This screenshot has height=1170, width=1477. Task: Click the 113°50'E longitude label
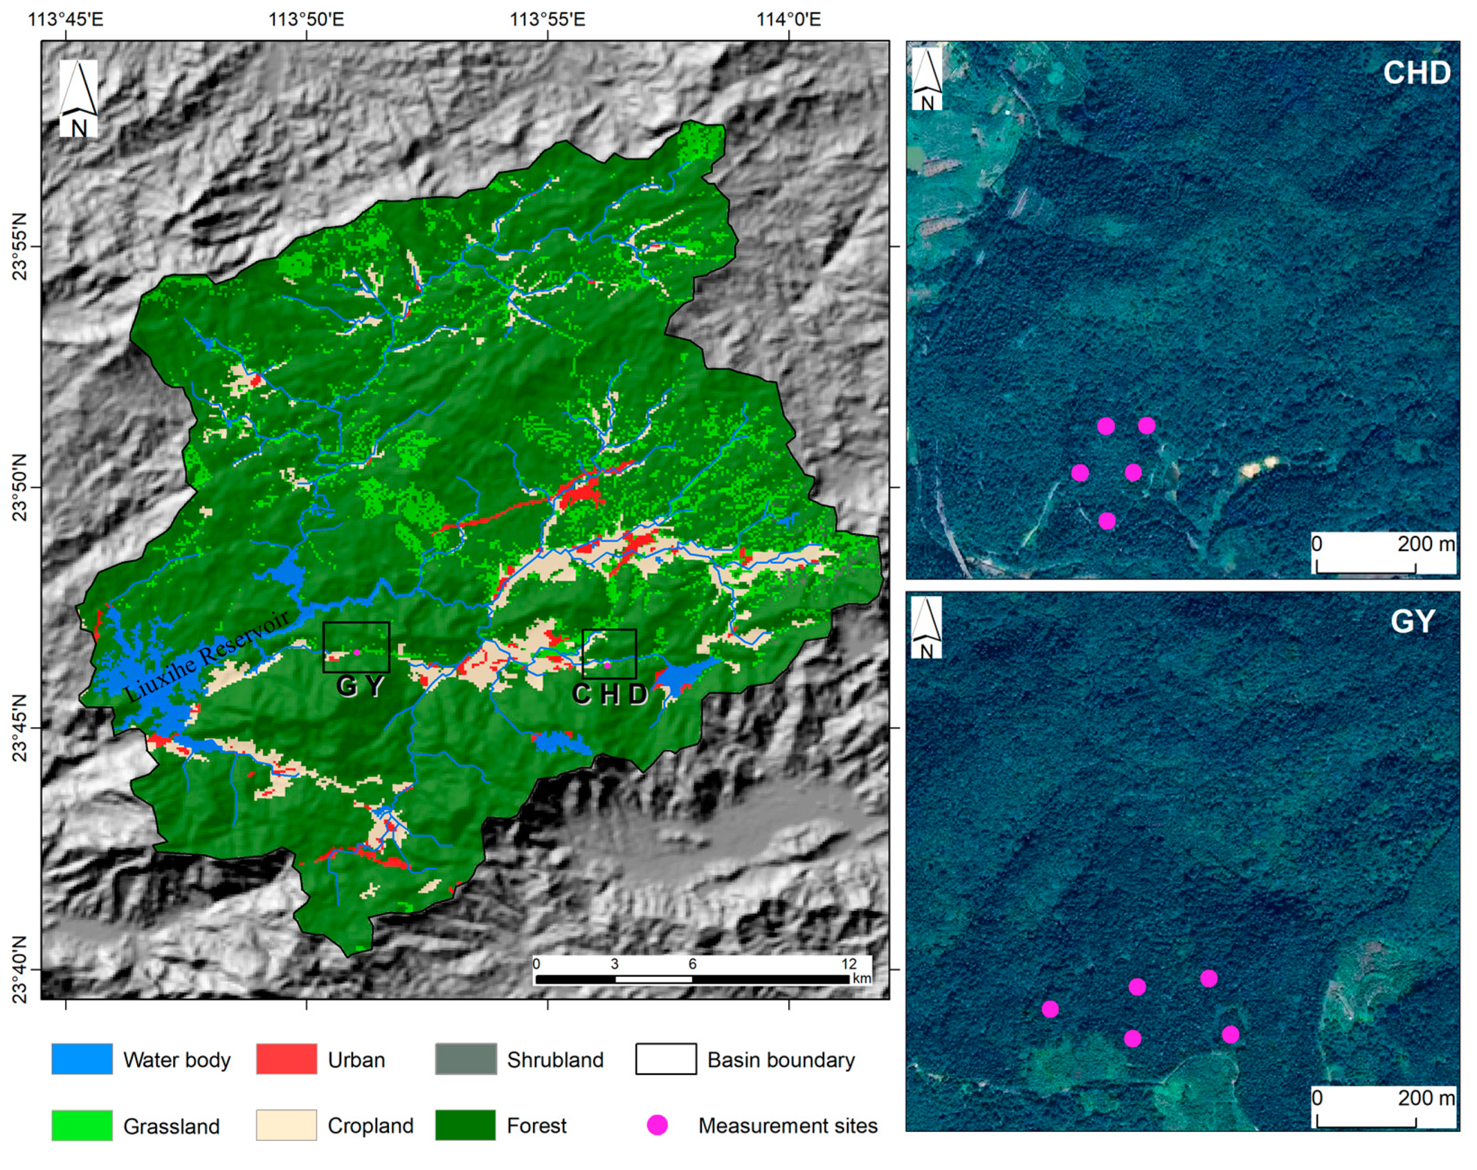[x=306, y=19]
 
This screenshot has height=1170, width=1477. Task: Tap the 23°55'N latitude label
[x=19, y=247]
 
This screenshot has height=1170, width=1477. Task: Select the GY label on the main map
[x=360, y=686]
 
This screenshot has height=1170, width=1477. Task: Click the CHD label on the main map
[x=610, y=695]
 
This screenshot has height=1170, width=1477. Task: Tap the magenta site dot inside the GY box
[x=357, y=652]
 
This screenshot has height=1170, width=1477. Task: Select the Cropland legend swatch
[x=287, y=1125]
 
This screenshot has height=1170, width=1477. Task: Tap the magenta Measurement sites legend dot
[x=657, y=1125]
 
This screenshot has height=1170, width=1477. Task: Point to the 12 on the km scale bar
[x=848, y=964]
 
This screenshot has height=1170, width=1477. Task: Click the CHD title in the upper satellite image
[x=1416, y=72]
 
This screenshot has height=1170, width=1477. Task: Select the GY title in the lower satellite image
[x=1412, y=622]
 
